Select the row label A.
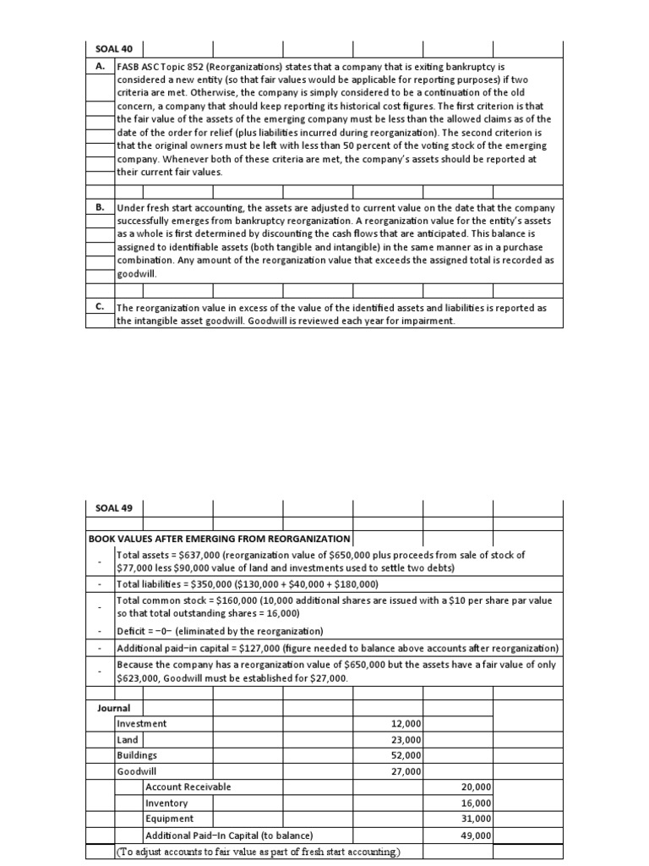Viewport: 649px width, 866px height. click(x=101, y=65)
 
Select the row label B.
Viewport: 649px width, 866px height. click(x=101, y=208)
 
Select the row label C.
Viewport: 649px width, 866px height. click(x=101, y=308)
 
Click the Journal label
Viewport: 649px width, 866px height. click(x=114, y=707)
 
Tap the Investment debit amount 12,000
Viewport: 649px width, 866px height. click(x=406, y=724)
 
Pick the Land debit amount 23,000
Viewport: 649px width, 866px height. click(x=406, y=740)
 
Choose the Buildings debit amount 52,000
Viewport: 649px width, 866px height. click(x=406, y=755)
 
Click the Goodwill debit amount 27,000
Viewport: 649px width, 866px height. click(x=406, y=771)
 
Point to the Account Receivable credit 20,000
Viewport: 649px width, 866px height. click(x=476, y=787)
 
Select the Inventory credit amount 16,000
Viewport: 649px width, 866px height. click(x=476, y=803)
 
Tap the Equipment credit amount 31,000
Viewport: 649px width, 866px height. click(x=476, y=819)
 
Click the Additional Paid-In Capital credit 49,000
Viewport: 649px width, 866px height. click(x=476, y=836)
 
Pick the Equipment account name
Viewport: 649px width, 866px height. click(x=169, y=819)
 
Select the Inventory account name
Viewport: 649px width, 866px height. click(x=166, y=803)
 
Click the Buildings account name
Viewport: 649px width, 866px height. click(x=137, y=755)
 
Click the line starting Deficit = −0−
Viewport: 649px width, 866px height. click(x=221, y=632)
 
